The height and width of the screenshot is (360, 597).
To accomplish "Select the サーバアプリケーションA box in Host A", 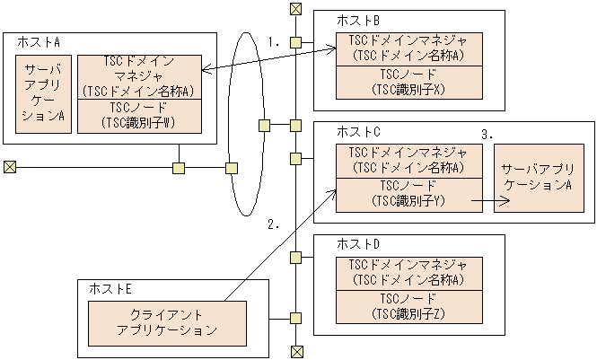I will tap(43, 93).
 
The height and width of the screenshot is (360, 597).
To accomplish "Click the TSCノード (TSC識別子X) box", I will tap(409, 82).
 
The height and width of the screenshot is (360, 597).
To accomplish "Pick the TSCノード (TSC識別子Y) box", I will tap(409, 194).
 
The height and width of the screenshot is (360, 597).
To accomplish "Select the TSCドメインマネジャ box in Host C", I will tap(409, 160).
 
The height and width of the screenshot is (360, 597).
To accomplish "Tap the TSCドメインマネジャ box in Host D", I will tap(409, 272).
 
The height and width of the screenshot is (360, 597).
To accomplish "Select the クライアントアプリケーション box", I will tap(166, 323).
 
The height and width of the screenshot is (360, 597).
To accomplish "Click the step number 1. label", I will tap(275, 41).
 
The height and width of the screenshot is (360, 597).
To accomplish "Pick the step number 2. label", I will tap(275, 224).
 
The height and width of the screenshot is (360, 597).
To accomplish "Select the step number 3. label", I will tap(488, 134).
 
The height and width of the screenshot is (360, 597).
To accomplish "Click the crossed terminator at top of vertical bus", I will tap(295, 9).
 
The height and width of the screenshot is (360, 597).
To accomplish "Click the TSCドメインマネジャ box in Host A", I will tap(137, 76).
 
